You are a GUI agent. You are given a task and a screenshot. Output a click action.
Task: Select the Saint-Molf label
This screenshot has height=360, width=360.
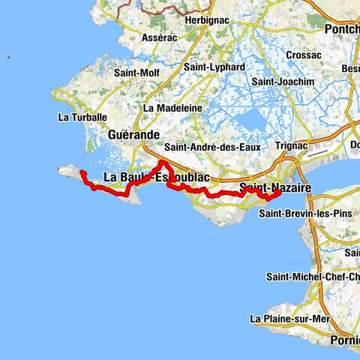pos(136,73)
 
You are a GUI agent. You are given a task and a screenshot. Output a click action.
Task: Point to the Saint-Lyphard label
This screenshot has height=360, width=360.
pos(214,67)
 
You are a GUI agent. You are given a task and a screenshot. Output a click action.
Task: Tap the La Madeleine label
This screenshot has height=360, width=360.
pos(172,107)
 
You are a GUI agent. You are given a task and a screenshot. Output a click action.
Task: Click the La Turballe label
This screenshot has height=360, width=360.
pos(82,117)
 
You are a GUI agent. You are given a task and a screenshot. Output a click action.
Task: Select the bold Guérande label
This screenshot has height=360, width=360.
pos(134,134)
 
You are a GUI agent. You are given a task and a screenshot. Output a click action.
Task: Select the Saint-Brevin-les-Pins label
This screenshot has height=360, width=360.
pos(304,213)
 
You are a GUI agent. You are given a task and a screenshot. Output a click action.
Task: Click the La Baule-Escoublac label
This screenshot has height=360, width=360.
pos(156,177)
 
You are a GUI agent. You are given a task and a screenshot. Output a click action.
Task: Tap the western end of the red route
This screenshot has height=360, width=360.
pos(82,174)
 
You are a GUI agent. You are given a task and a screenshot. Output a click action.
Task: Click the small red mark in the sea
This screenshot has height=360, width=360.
pos(7,58)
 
